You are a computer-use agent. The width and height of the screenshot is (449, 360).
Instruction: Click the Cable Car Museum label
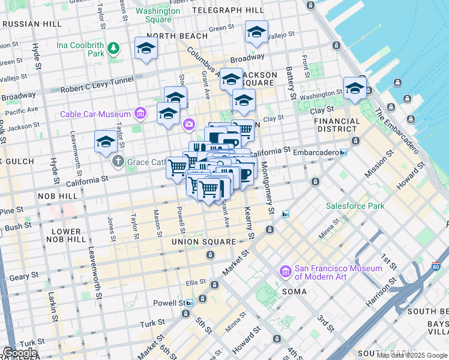tap(95, 115)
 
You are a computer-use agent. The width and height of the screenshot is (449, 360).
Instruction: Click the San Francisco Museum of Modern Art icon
tap(286, 272)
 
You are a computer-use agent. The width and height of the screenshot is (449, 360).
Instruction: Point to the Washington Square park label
tap(158, 15)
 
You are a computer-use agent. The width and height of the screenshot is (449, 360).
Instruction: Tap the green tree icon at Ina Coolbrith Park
tap(112, 47)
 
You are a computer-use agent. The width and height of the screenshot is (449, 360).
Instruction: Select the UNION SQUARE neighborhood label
tap(203, 242)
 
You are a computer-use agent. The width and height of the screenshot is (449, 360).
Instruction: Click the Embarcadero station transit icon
tap(343, 152)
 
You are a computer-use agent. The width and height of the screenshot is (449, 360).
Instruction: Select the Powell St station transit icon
tap(189, 303)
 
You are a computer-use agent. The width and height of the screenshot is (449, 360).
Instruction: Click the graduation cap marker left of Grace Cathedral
tap(106, 142)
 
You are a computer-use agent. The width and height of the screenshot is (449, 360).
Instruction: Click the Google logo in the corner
tap(19, 353)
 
